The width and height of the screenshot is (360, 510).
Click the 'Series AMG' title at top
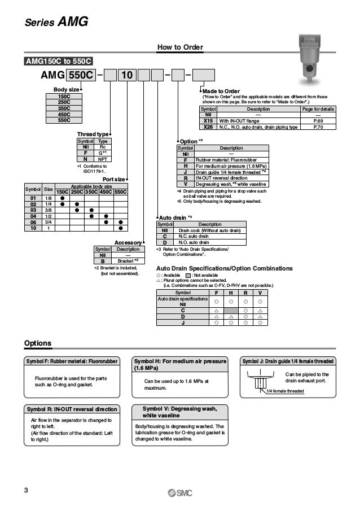tap(56, 22)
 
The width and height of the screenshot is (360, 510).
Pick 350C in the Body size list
tap(64, 108)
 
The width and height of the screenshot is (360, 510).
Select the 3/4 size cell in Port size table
tap(49, 222)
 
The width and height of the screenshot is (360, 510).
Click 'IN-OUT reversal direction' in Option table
tap(222, 178)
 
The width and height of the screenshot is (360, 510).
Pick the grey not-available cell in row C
tap(230, 311)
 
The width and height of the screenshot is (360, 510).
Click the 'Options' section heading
tap(38, 343)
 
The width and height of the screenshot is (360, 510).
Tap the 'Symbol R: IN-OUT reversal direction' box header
tap(72, 409)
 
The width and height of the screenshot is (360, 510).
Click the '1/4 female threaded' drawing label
tap(285, 391)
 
